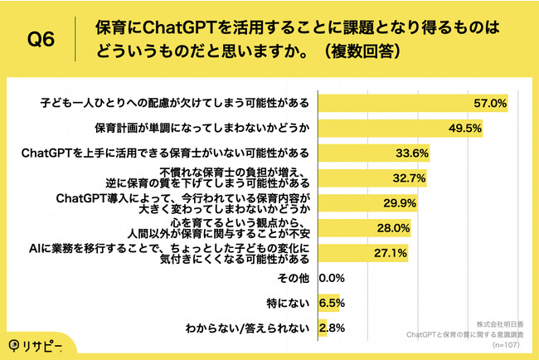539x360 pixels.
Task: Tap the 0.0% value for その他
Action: tap(332, 278)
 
